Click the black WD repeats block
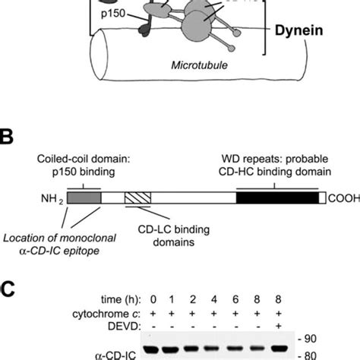[x=277, y=197]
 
